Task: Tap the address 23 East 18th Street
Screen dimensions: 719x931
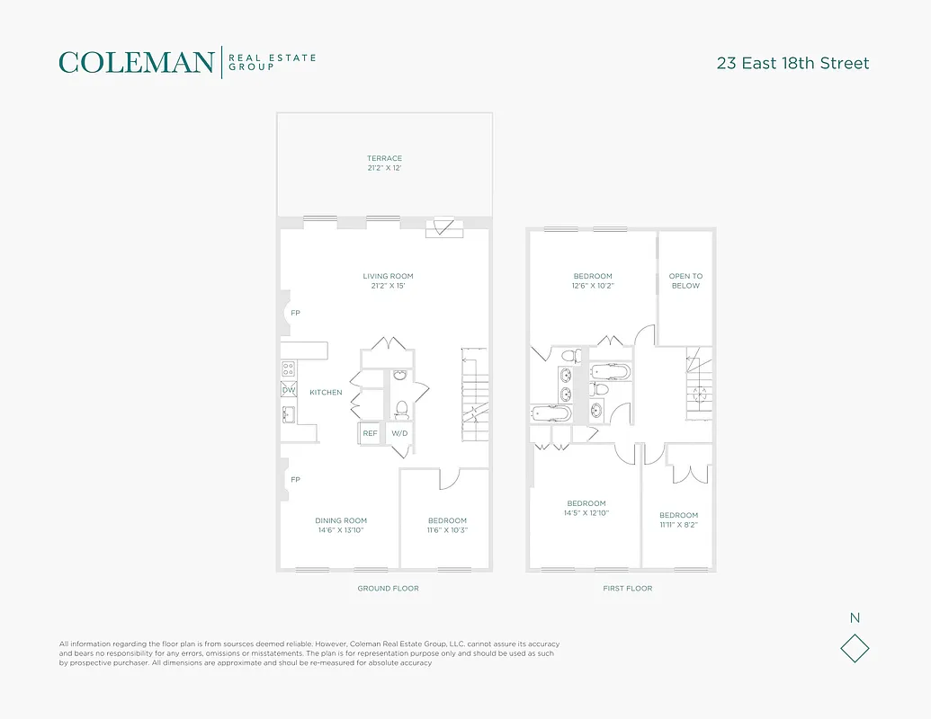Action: coord(792,63)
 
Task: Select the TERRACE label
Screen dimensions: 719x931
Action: coord(384,158)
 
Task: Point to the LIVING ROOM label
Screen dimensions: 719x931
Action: coord(388,276)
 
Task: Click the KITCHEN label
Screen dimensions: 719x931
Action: coord(326,393)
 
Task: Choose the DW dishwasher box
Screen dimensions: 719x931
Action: coord(289,390)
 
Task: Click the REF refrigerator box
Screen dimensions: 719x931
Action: coord(370,433)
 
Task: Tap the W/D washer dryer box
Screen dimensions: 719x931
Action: coord(399,433)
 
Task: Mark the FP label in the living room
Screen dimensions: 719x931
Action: coord(295,313)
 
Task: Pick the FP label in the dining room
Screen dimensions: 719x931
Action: coord(295,479)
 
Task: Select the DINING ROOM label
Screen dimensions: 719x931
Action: coord(341,520)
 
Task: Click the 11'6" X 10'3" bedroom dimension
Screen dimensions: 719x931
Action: coord(447,530)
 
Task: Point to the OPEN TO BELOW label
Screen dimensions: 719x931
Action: coord(685,280)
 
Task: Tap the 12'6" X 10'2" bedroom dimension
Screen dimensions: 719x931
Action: coord(593,286)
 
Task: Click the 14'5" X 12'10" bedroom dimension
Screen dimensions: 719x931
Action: coord(586,513)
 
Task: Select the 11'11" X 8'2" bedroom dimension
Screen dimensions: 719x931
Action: coord(678,525)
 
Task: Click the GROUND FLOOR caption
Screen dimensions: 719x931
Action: coord(388,589)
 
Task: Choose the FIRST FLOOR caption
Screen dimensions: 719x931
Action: coord(627,589)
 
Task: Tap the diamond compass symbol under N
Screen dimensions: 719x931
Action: coord(855,648)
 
